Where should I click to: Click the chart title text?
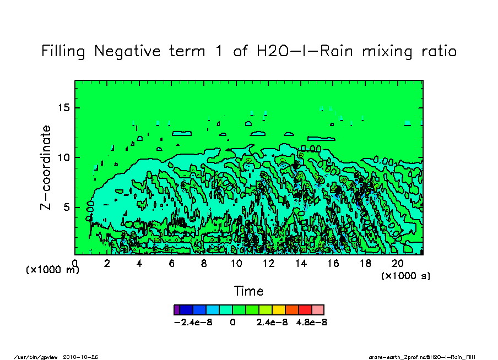click(249, 52)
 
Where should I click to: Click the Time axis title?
click(249, 291)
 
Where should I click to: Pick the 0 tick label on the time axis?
click(75, 264)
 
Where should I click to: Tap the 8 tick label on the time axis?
click(204, 264)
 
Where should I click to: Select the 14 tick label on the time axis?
click(300, 264)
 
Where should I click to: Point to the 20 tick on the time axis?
click(397, 264)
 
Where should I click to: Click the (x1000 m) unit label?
click(53, 270)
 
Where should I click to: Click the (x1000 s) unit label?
click(406, 275)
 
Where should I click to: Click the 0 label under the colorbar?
click(233, 322)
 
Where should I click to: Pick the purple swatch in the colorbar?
click(176, 310)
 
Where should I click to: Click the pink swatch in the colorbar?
click(318, 310)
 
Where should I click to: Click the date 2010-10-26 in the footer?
click(85, 357)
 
